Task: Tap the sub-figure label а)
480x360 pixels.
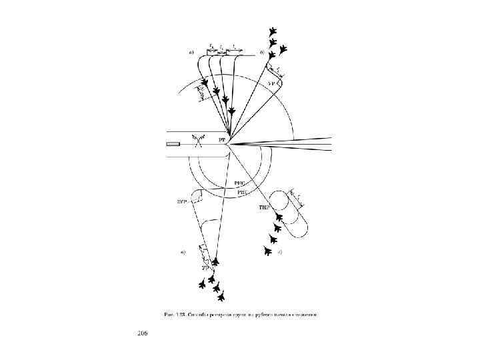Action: pos(192,52)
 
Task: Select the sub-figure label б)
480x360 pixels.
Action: pos(262,52)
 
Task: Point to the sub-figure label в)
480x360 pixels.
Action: pos(183,252)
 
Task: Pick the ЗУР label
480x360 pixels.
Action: pos(181,199)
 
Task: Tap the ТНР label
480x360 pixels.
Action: pos(263,208)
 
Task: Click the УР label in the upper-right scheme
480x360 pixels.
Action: pos(272,83)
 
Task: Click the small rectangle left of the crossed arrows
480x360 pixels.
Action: pos(173,144)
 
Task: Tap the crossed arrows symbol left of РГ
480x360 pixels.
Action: pos(197,142)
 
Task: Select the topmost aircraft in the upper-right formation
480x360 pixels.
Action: pos(272,31)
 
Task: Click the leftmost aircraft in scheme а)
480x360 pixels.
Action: pos(205,83)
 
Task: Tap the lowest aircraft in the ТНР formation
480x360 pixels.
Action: pos(267,251)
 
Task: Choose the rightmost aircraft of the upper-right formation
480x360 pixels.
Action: pos(283,48)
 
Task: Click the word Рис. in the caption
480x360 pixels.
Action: pos(171,314)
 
